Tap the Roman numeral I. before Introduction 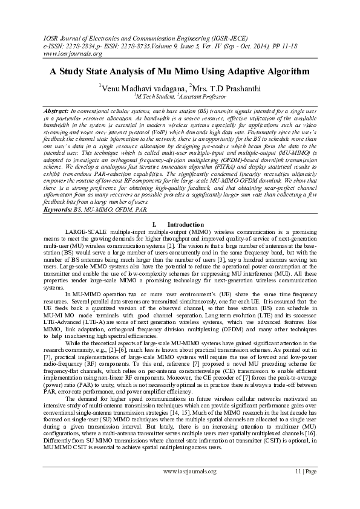pos(156,224)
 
